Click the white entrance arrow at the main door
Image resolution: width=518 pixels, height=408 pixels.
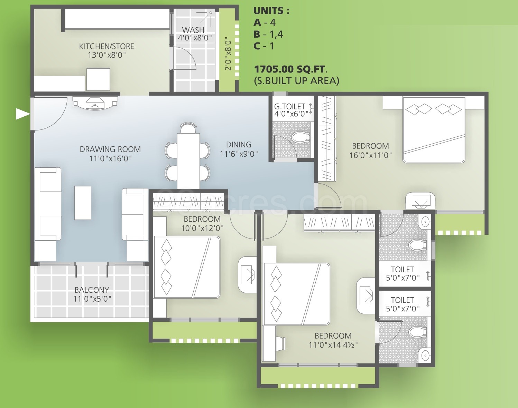22,114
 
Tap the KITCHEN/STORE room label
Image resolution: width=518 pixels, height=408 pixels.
107,46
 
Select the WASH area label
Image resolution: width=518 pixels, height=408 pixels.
193,30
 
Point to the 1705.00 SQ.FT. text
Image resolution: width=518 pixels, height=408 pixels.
290,69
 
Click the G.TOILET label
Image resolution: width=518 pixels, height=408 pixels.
289,106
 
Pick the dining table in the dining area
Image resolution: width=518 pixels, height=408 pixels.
188,161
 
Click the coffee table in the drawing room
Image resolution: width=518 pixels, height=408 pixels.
83,203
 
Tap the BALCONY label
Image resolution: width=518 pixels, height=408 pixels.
92,290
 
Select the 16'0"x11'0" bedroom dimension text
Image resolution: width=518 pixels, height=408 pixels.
370,155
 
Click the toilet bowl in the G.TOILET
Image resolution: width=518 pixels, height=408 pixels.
300,137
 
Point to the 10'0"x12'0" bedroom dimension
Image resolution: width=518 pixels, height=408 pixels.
202,228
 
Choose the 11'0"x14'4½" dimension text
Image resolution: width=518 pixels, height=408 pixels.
333,345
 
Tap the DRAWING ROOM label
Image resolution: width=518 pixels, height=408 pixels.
110,149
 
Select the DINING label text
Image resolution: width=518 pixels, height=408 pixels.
239,145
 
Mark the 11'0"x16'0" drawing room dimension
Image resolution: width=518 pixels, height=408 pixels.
110,158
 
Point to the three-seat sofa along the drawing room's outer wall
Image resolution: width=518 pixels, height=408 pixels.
48,204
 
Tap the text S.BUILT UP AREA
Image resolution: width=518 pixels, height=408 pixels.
297,81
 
